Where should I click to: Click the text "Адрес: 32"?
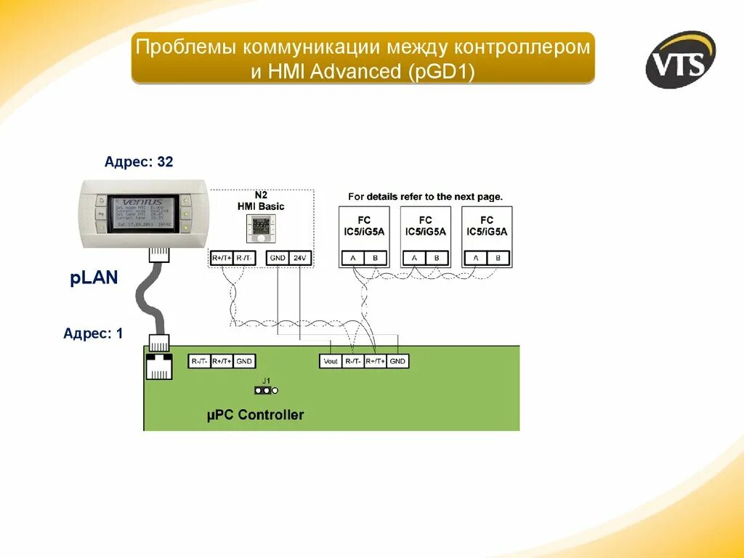click(139, 162)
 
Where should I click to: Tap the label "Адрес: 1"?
click(93, 333)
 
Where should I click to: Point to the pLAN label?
click(94, 278)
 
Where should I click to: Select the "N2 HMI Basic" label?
click(261, 201)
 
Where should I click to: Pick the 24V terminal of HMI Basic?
click(299, 258)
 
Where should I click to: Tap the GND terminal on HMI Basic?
click(278, 258)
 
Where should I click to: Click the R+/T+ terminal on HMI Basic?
click(222, 258)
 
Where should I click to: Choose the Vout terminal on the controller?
click(331, 361)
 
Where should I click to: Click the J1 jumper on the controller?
click(266, 389)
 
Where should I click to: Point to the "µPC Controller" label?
click(255, 416)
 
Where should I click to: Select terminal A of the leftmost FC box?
click(353, 258)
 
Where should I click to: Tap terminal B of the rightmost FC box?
click(498, 258)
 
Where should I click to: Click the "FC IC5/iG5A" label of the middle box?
click(425, 226)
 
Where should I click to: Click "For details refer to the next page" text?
click(425, 197)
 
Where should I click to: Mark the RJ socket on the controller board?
click(159, 366)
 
